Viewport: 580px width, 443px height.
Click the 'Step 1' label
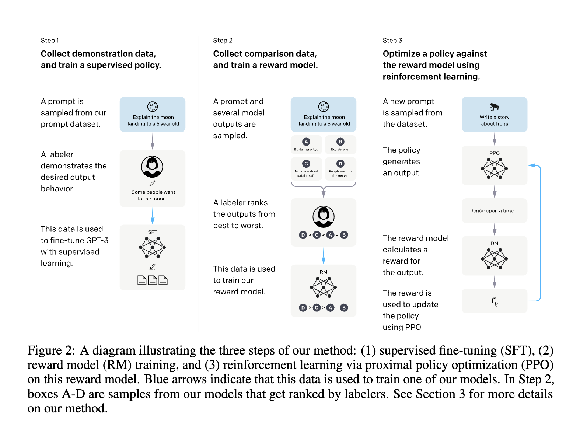(50, 41)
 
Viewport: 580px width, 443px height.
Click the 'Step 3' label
(392, 41)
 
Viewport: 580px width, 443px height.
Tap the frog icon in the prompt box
(495, 107)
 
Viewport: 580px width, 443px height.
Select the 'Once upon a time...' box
(495, 211)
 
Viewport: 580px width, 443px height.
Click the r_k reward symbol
(495, 301)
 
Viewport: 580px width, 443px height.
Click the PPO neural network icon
(495, 168)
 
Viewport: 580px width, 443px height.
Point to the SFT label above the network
(153, 232)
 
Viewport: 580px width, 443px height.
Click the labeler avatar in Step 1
(152, 167)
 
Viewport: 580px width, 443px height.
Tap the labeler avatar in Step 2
(324, 217)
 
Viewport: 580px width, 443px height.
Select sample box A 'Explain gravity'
(306, 144)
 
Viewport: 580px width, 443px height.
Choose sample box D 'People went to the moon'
(340, 168)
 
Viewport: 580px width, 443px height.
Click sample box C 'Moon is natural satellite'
(306, 168)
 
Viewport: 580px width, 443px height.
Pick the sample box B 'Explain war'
(340, 144)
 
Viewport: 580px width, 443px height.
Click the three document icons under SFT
(153, 280)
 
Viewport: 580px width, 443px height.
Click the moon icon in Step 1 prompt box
(153, 107)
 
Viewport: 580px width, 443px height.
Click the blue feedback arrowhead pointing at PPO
(532, 165)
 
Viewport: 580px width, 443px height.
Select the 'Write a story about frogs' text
(495, 121)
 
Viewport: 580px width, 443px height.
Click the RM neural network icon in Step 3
(495, 259)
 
